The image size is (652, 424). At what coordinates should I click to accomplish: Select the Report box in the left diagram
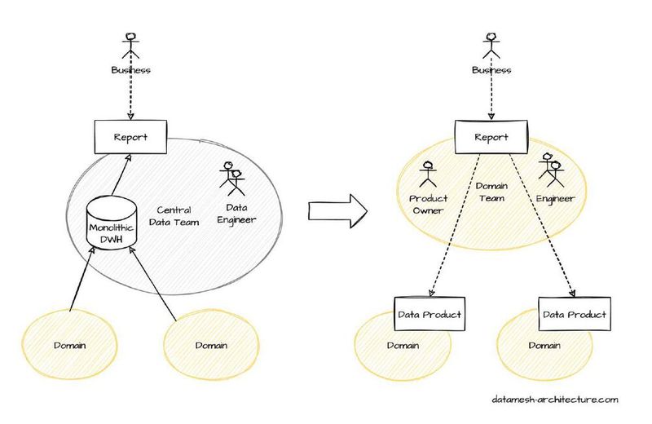(x=130, y=137)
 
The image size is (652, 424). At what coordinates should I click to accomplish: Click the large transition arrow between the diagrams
(x=337, y=210)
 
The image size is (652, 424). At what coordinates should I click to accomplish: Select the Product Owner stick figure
(x=428, y=175)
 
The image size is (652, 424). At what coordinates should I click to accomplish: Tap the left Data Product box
(x=430, y=314)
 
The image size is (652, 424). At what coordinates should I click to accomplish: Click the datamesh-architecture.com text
(x=555, y=400)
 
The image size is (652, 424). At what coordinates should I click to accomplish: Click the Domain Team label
(x=491, y=192)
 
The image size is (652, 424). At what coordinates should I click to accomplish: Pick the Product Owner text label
(x=428, y=205)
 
